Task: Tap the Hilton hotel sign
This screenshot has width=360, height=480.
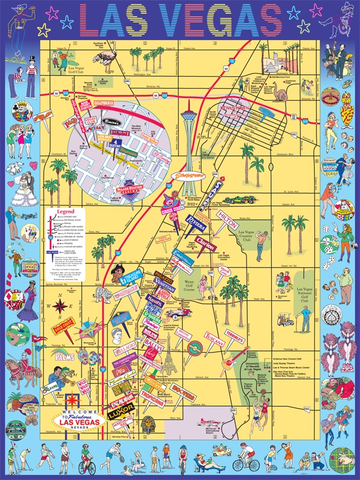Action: click(x=229, y=218)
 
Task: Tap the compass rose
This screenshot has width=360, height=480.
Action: click(x=60, y=308)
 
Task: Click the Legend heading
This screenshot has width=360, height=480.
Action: click(x=64, y=212)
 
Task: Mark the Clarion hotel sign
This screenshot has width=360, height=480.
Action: click(x=206, y=246)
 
